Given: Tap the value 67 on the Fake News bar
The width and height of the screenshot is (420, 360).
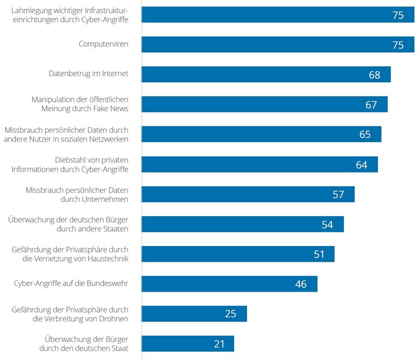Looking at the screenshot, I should tap(371, 105).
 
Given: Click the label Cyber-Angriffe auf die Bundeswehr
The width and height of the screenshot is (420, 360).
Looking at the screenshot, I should tap(71, 284).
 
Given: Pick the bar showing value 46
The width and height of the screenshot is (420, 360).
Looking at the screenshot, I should tap(229, 284).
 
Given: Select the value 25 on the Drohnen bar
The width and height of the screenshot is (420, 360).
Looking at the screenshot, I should tap(230, 314).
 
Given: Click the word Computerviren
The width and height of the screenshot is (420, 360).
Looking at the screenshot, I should tap(104, 44).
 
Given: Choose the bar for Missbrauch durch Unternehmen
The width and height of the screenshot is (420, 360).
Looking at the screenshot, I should tap(247, 194).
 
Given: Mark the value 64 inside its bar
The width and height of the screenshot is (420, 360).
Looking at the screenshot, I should tap(361, 164).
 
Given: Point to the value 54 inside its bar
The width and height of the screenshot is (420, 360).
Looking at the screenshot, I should tap(327, 224).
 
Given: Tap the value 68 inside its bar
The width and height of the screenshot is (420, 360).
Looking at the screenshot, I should tap(375, 75).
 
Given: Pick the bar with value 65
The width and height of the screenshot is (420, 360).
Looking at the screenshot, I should tap(261, 135).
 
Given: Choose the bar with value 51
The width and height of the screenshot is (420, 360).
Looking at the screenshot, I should tap(238, 254).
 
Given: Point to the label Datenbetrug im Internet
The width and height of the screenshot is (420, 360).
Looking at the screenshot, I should tap(88, 74).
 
